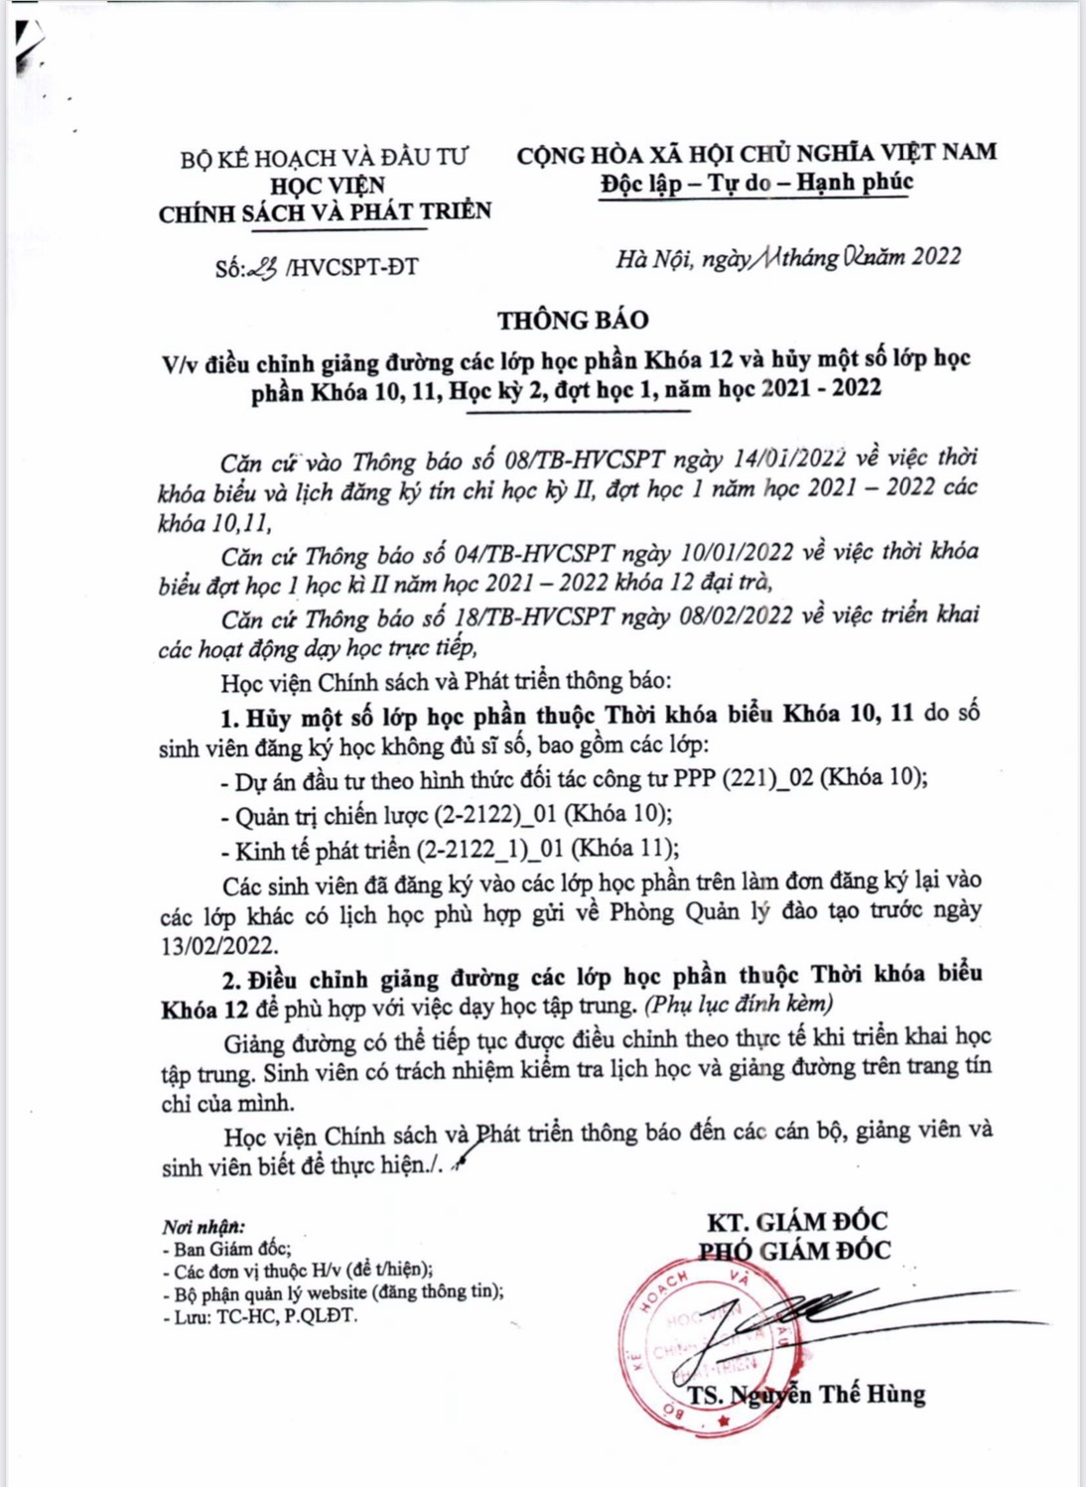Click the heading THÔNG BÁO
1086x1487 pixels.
(573, 320)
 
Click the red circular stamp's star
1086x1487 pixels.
(723, 1421)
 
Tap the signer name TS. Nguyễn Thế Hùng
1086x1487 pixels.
(806, 1395)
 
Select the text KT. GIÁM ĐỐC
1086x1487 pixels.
(796, 1221)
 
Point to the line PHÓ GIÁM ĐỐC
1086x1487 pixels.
(794, 1251)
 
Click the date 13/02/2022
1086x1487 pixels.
(219, 945)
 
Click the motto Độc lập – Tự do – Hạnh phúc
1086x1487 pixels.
(756, 183)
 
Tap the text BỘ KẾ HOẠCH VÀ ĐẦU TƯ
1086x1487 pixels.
(324, 158)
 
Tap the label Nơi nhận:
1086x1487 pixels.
(203, 1227)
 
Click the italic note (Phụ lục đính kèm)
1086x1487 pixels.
(740, 1004)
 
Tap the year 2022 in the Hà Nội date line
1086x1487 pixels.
(936, 257)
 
